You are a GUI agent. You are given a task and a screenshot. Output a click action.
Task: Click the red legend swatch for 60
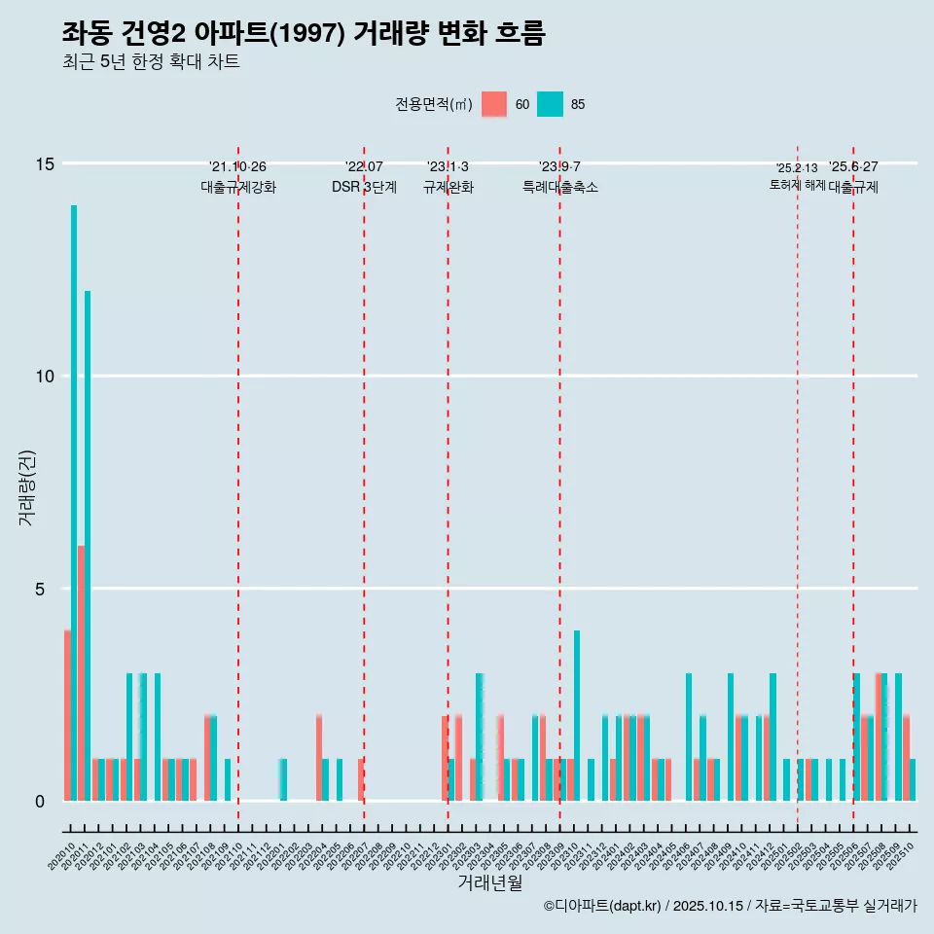[495, 104]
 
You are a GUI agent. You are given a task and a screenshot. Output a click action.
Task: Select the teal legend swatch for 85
[550, 104]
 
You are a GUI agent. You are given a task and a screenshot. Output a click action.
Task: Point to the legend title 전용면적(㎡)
[434, 105]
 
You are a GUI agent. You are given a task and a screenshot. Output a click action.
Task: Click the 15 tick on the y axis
[42, 163]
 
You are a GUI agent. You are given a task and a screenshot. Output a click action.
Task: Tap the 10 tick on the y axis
[42, 377]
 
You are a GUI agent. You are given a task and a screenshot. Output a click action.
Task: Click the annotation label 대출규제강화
[238, 188]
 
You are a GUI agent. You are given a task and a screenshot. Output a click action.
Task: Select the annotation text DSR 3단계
[364, 188]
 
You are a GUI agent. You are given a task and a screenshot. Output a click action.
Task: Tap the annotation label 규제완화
[448, 188]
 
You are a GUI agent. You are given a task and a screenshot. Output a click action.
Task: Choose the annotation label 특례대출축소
[559, 188]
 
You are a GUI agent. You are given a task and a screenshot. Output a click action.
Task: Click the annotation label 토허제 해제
[797, 185]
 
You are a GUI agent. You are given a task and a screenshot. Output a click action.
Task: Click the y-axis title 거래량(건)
[26, 487]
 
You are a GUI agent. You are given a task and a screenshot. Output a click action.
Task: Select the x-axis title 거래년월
[489, 883]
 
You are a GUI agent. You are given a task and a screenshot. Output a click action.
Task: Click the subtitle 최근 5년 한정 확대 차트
[151, 62]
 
